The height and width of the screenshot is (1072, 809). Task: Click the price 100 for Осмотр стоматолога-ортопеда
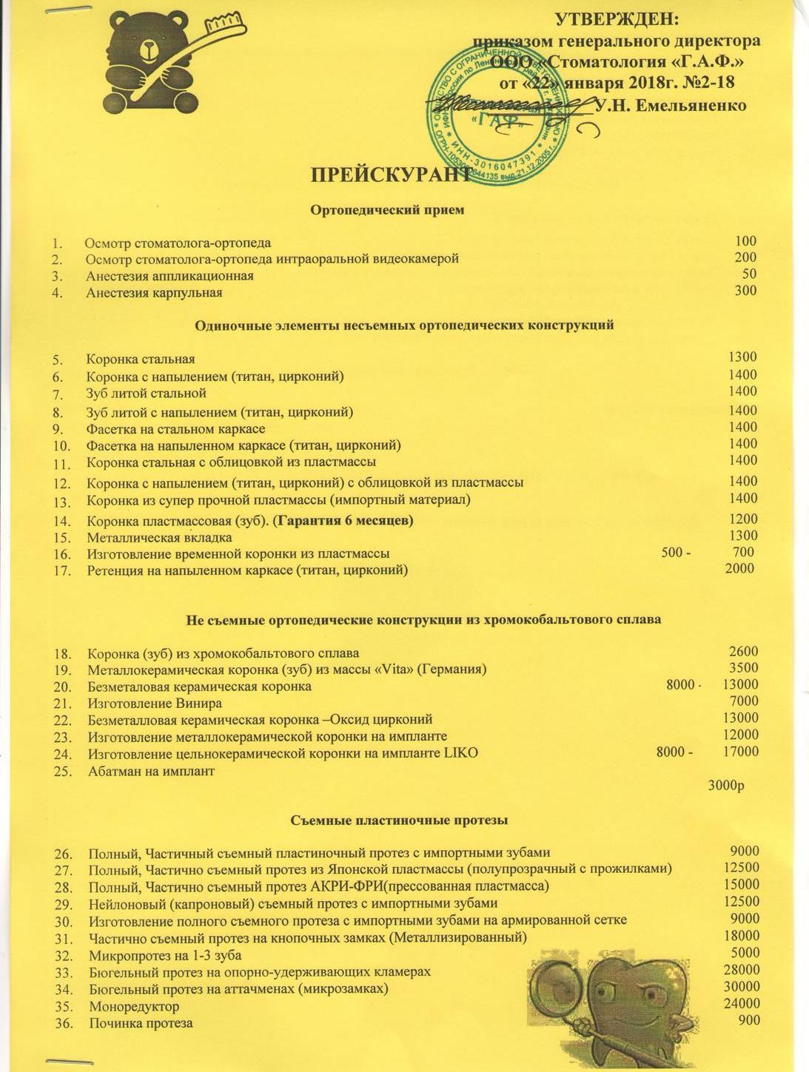tap(745, 240)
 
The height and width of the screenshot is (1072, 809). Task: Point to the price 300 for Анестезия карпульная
tap(745, 290)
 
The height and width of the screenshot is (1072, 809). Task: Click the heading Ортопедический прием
tap(387, 210)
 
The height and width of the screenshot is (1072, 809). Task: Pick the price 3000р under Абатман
tap(725, 785)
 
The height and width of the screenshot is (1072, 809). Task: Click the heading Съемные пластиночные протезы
tap(399, 820)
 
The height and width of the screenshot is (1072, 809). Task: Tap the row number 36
tap(64, 1024)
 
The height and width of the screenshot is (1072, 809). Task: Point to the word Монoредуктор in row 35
tap(134, 1007)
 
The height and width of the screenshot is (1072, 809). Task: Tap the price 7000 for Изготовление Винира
tap(743, 701)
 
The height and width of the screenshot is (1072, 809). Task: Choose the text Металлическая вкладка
tap(159, 537)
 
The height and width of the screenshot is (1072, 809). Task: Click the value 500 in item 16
tap(671, 553)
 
